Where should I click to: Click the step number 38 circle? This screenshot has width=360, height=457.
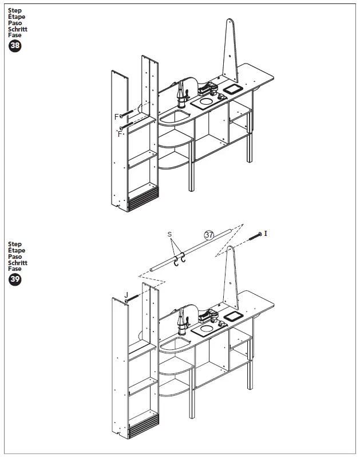point(15,47)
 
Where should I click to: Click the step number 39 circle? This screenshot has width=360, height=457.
point(15,280)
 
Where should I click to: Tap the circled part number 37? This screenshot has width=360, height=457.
point(209,234)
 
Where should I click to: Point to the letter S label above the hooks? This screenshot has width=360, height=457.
point(169,234)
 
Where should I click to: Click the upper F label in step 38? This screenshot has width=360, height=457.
point(116,116)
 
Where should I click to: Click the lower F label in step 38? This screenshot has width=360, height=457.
point(120,134)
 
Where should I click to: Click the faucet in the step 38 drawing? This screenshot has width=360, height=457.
point(182,94)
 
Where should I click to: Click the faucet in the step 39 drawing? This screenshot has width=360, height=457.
point(183,322)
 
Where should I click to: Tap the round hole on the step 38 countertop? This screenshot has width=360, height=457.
point(205,102)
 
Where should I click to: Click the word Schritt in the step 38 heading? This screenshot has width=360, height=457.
point(18,29)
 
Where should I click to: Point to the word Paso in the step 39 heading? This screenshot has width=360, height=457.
point(15,257)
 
